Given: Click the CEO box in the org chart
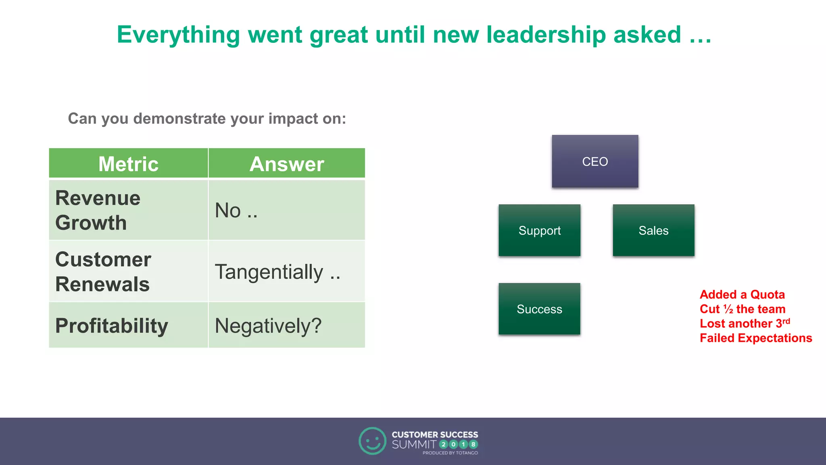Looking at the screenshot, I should [x=595, y=161].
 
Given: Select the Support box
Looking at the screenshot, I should [x=539, y=230].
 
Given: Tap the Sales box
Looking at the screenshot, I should [x=653, y=230].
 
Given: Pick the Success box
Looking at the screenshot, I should [x=539, y=309].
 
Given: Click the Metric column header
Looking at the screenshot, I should [x=128, y=163].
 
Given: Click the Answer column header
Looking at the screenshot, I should [x=287, y=163].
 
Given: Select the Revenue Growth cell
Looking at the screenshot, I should [x=128, y=210].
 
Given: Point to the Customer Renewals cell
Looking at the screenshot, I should [x=128, y=271].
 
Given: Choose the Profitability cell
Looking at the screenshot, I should [x=128, y=325].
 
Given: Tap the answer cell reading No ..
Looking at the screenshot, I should [x=287, y=210].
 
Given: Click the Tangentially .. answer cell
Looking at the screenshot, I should [x=287, y=271].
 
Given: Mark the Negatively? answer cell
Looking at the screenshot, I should [x=287, y=325].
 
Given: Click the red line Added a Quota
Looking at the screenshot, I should [x=742, y=295].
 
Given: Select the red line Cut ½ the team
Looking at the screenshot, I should [x=743, y=309].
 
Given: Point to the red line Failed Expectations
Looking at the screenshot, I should [x=756, y=338].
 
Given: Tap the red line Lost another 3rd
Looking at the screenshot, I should [x=745, y=323].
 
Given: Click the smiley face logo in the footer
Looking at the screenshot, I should [x=372, y=441].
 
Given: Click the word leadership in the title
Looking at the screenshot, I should [x=546, y=35].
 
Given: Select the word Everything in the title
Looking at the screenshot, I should [x=178, y=35].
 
